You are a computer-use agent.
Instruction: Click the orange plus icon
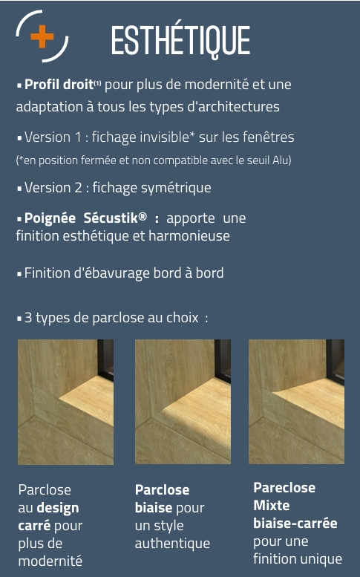42,36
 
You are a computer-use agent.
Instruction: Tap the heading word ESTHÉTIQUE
180,42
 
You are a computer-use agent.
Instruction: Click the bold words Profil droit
59,85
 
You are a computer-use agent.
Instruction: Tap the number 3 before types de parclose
28,318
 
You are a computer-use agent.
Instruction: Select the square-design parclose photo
66,402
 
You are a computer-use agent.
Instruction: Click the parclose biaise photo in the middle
183,402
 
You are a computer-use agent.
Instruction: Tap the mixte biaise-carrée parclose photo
296,402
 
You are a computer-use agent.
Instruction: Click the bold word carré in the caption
34,526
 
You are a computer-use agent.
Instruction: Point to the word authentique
172,544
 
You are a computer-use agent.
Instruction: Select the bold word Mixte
272,505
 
